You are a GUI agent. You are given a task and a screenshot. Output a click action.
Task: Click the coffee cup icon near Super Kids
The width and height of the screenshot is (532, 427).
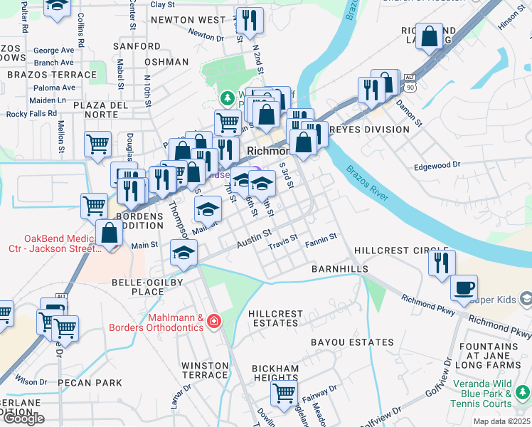pos(464,288)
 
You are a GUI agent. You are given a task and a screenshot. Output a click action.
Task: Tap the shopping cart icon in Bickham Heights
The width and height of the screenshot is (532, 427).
pos(284,391)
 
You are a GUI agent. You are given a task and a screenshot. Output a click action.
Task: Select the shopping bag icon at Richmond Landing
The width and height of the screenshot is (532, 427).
pos(430,36)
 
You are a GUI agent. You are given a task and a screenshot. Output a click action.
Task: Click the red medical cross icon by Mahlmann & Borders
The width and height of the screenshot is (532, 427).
pos(212,322)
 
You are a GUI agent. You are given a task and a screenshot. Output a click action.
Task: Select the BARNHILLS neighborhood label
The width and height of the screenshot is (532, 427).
pos(340,269)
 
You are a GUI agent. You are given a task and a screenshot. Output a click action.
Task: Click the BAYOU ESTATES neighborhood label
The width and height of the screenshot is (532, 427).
pos(352,342)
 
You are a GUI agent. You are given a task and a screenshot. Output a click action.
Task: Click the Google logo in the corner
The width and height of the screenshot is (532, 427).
pos(23,418)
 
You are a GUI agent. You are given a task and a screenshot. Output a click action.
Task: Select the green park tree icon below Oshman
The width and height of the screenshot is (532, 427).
pos(227,97)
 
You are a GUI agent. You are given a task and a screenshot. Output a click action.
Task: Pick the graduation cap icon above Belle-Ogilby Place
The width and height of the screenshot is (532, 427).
pos(183,253)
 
